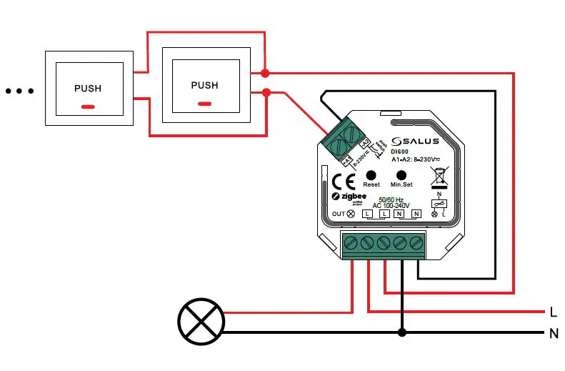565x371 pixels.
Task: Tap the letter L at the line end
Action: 553,312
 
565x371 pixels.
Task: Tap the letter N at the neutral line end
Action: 553,332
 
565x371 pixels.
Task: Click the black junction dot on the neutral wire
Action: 402,332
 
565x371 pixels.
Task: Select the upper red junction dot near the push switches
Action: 265,73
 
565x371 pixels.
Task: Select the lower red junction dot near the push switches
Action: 265,92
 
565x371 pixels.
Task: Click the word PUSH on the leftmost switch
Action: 88,89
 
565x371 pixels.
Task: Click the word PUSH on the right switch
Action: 204,85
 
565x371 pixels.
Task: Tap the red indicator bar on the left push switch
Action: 88,107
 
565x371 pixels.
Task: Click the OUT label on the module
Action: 339,214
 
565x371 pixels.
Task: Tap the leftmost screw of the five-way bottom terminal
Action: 351,244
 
